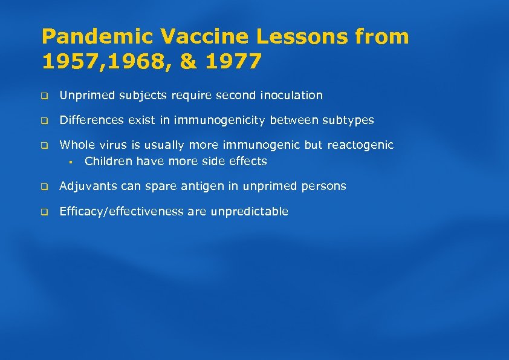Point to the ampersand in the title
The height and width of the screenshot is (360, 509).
pos(189,61)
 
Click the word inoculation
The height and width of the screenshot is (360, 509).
pos(291,96)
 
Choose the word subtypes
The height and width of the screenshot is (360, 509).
pos(348,120)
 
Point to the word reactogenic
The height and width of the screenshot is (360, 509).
pos(360,145)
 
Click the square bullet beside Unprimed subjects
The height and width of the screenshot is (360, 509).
pos(44,96)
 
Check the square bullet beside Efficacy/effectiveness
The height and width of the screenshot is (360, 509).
pos(44,212)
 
